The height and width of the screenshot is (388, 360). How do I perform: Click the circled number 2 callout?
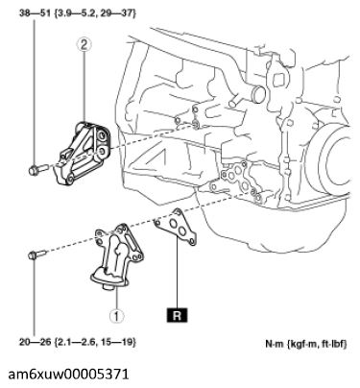(x=84, y=45)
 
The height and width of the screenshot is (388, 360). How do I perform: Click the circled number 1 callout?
(x=116, y=316)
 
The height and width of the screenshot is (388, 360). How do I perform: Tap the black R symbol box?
(x=177, y=315)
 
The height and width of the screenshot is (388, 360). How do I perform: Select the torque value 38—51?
(x=35, y=13)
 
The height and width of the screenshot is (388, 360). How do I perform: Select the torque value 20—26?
(x=35, y=342)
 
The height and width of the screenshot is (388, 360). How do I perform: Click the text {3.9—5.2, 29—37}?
(x=95, y=13)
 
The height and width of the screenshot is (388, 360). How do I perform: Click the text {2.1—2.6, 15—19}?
(x=95, y=342)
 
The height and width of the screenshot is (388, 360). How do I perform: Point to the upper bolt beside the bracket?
(x=37, y=170)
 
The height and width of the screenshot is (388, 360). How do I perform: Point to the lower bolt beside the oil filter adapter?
(x=37, y=255)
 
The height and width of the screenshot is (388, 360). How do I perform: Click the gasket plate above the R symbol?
(x=176, y=228)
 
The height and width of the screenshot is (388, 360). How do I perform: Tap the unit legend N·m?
(x=275, y=344)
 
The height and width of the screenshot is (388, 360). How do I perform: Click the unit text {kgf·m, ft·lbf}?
(x=317, y=344)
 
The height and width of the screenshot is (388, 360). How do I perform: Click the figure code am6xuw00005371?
(x=68, y=374)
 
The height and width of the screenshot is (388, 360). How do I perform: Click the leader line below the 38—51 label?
(x=34, y=92)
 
